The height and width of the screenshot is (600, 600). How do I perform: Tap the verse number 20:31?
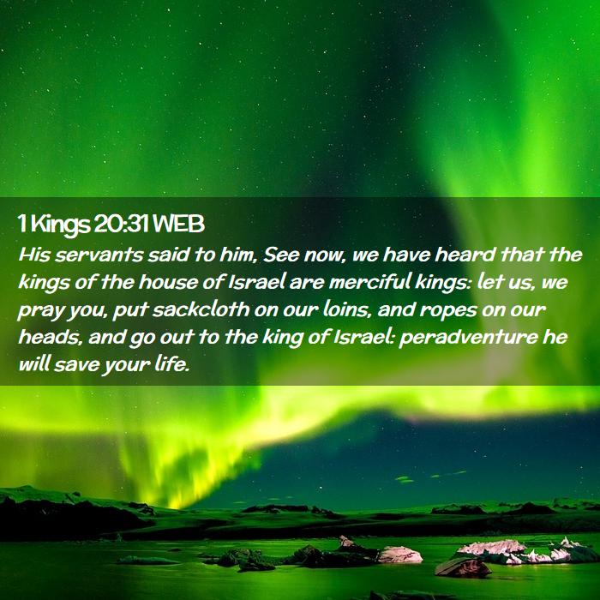121,225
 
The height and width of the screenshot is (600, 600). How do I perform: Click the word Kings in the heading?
59,225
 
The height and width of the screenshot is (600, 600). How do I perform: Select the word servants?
99,255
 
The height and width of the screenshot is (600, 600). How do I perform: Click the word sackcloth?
201,309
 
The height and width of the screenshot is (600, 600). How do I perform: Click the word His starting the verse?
34,255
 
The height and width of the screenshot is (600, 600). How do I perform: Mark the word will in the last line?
34,364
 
